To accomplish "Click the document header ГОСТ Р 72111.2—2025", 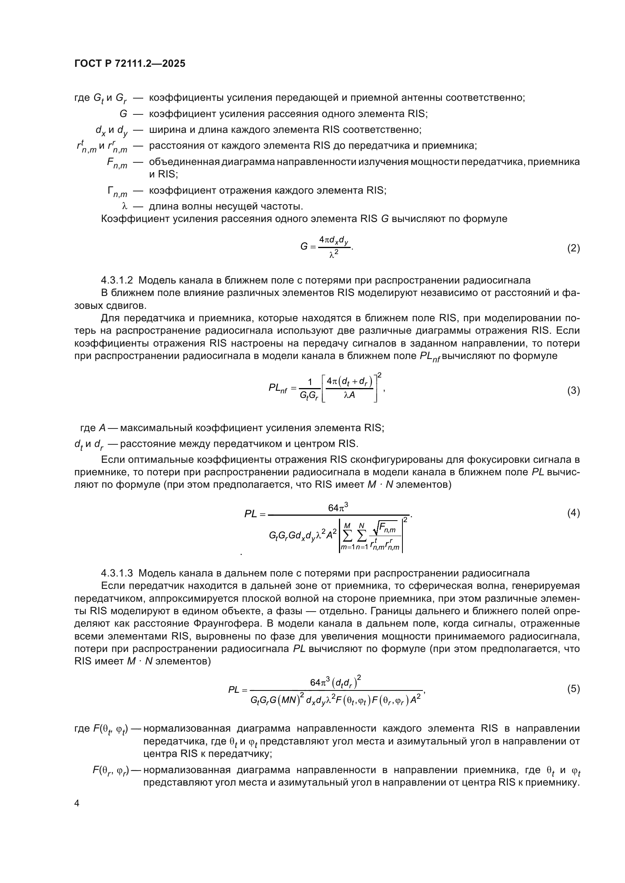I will [x=130, y=63].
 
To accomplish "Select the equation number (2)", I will [x=574, y=248].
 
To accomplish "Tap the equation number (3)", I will [x=574, y=391].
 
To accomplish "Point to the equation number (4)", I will [x=574, y=513].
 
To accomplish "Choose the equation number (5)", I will [x=574, y=689].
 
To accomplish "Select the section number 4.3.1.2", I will [x=117, y=280].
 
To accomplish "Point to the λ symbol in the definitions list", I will [x=124, y=206].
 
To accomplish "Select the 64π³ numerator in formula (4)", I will [x=338, y=508].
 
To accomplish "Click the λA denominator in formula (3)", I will [x=349, y=395].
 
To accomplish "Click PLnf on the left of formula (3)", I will [x=278, y=388].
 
